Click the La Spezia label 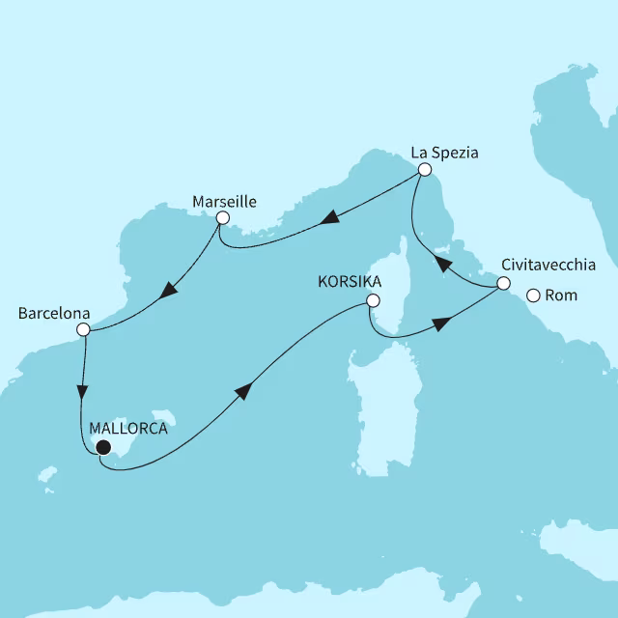(444, 152)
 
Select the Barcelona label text (54, 314)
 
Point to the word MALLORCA (127, 429)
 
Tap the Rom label (562, 295)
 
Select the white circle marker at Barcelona (83, 329)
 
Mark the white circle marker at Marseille (222, 218)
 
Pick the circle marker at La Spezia (423, 169)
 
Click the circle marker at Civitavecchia (502, 283)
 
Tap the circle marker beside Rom (532, 295)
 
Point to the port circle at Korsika (372, 302)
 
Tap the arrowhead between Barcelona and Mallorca (82, 395)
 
